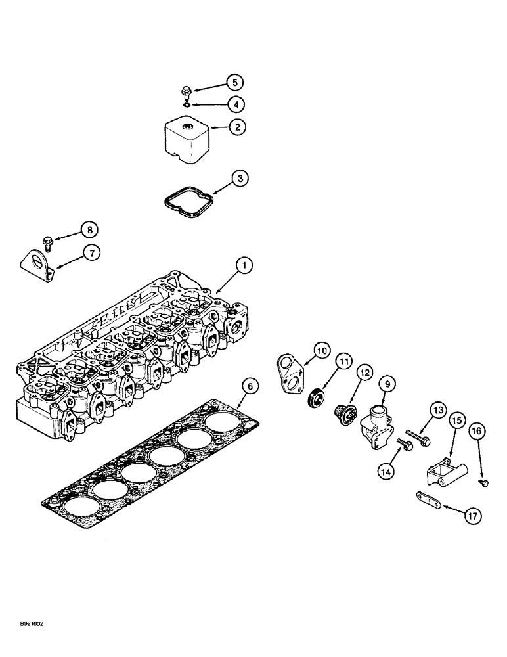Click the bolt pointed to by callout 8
(x=48, y=242)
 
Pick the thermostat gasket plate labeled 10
(x=290, y=373)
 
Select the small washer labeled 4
(x=187, y=104)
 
